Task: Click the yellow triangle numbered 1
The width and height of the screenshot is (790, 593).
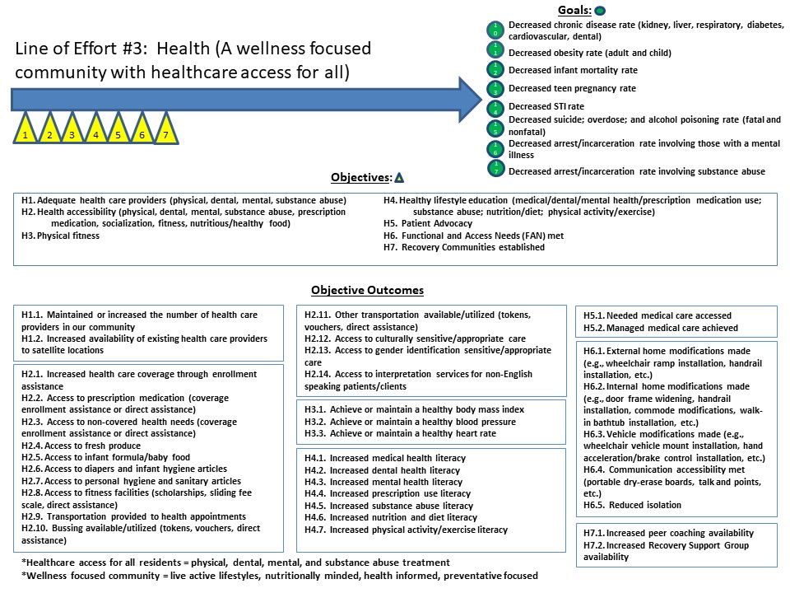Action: (26, 132)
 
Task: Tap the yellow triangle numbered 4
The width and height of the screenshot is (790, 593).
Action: (95, 132)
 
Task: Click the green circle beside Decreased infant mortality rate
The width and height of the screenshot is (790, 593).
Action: (496, 69)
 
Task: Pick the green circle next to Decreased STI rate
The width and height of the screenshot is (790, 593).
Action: (496, 107)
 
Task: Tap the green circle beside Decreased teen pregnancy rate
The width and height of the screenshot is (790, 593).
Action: (496, 88)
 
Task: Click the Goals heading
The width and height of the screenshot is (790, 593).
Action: (574, 10)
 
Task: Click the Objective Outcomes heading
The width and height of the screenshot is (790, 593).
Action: (367, 291)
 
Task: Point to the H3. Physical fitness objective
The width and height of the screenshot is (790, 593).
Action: (61, 236)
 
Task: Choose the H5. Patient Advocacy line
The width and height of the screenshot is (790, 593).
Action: (428, 223)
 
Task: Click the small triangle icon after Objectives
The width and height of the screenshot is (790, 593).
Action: (399, 177)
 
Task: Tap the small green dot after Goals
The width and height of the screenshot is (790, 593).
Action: (600, 11)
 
